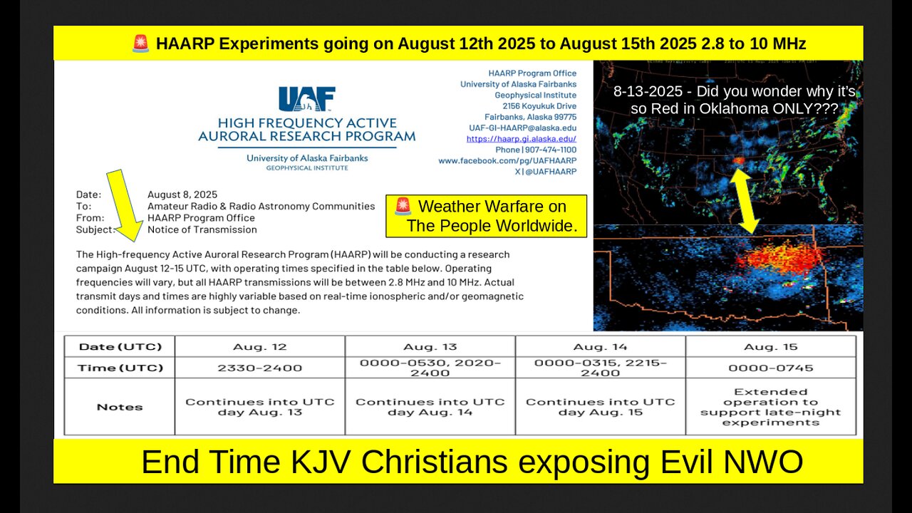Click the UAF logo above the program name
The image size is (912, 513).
tap(306, 99)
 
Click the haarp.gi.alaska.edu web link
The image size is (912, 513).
tap(521, 139)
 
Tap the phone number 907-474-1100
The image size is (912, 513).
tap(549, 150)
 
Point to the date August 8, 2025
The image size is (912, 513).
tap(182, 195)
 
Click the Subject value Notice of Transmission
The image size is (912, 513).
tap(202, 229)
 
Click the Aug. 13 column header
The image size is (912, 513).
tap(430, 347)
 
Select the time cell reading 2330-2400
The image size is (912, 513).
tap(259, 368)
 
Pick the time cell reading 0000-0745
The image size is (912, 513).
tap(770, 368)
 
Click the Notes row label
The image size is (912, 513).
tap(120, 407)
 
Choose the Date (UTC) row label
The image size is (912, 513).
tap(120, 347)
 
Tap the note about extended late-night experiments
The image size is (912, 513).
tap(770, 407)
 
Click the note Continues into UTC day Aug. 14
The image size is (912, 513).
tap(430, 407)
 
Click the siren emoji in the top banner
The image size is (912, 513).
tap(140, 43)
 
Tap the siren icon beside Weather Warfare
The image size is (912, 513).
tap(403, 207)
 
